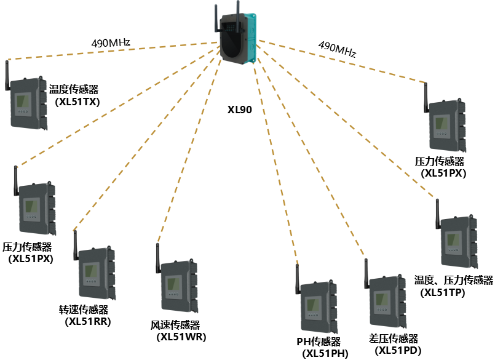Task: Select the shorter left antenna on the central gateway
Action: pos(216,18)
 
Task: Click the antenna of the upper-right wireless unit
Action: pos(426,97)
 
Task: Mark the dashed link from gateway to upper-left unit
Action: pos(111,51)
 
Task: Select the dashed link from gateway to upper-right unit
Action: pos(344,62)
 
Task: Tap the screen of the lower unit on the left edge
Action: pos(32,207)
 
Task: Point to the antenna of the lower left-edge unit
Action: pos(16,181)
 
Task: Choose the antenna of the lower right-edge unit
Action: pos(437,214)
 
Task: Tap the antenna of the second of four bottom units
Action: pos(157,258)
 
